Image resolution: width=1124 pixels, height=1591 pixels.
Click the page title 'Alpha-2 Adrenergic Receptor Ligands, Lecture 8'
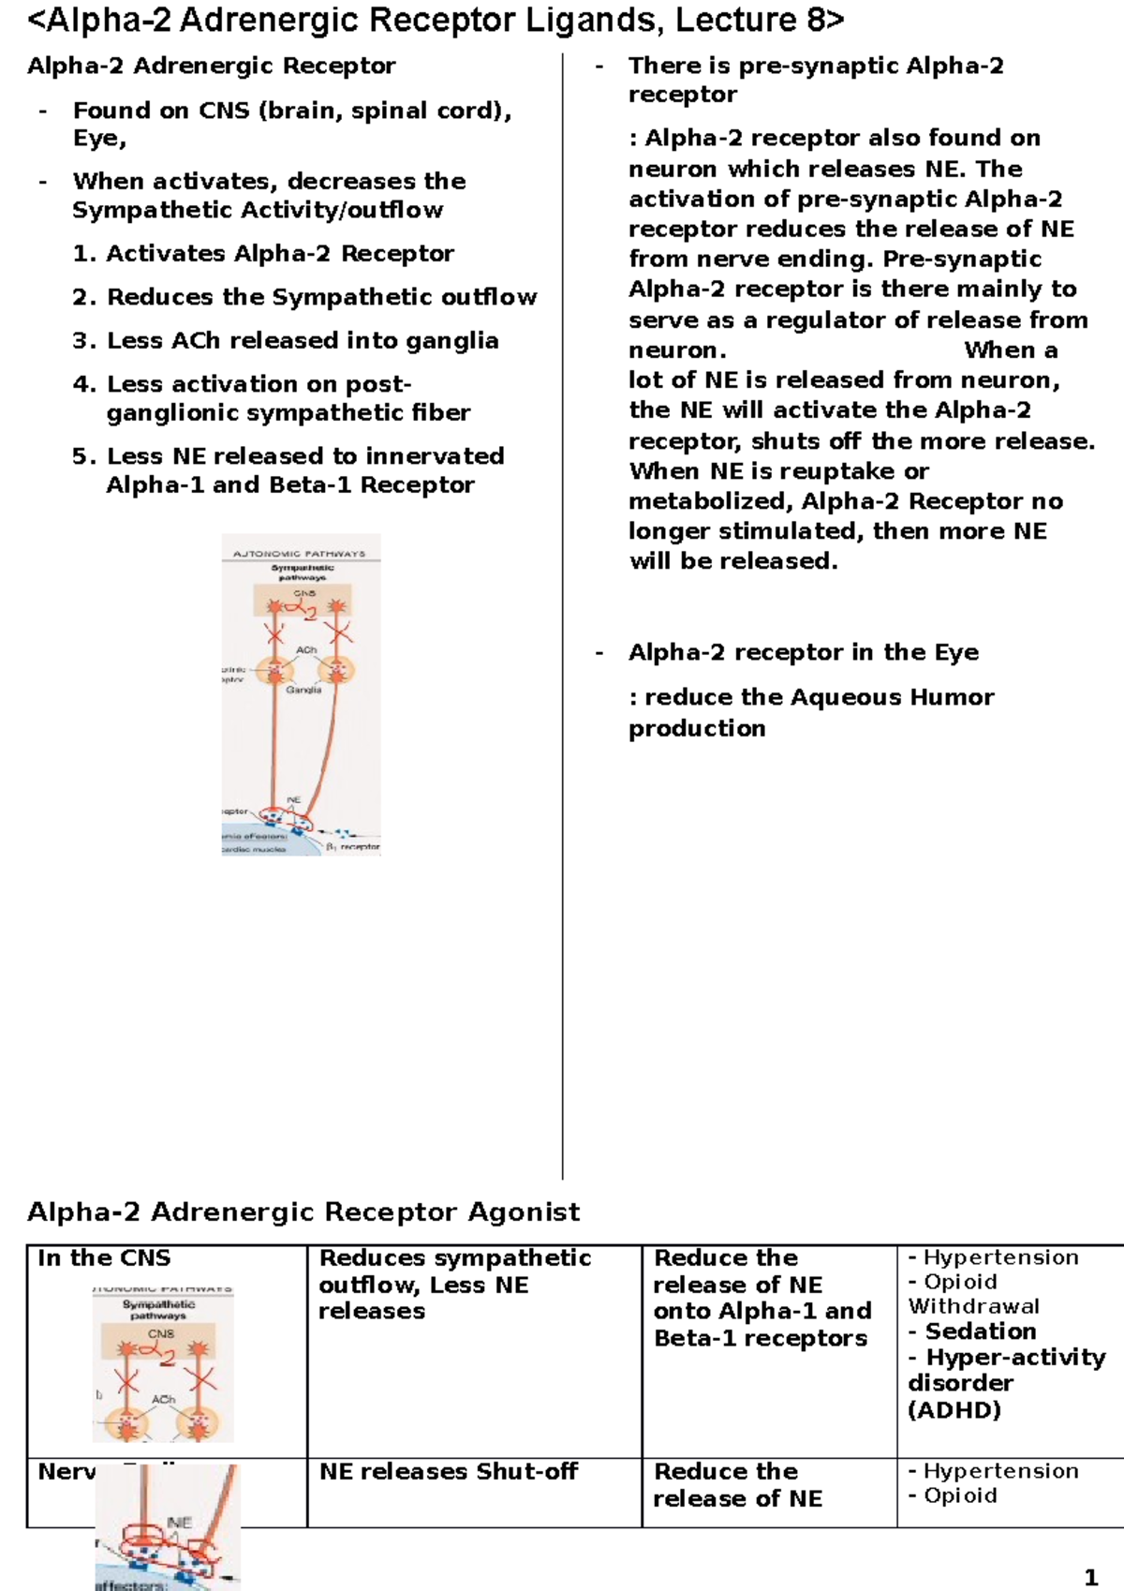(436, 21)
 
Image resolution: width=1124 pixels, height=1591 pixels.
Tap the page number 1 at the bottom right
(1089, 1578)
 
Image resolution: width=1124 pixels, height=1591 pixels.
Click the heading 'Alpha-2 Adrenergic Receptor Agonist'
(303, 1212)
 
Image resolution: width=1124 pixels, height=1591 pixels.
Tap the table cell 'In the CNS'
(104, 1258)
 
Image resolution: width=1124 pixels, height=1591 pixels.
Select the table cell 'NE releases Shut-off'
(448, 1472)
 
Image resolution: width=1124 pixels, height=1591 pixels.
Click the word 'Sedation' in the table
(980, 1331)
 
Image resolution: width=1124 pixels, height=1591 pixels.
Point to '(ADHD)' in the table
(954, 1409)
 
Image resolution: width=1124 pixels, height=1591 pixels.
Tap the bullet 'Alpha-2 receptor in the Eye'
(803, 652)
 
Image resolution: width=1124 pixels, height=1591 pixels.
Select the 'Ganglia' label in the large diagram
(303, 690)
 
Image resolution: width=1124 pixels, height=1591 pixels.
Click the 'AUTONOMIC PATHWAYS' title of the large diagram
(299, 554)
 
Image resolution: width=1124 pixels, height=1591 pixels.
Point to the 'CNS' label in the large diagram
(304, 593)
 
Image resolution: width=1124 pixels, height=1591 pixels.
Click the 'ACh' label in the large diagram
(306, 649)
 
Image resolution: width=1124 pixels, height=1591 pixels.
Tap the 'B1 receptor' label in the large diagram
(353, 847)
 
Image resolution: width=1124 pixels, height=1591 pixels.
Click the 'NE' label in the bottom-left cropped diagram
(179, 1523)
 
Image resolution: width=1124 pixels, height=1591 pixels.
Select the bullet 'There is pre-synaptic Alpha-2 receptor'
(815, 80)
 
